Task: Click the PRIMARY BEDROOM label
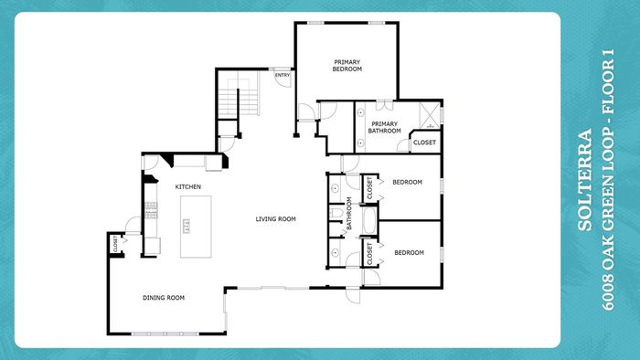347,66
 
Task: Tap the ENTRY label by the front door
283,75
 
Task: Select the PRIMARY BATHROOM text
385,127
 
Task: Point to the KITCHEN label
187,186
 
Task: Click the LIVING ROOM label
275,219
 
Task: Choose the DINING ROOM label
164,298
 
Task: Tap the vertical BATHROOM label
349,213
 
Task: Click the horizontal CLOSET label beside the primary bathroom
424,143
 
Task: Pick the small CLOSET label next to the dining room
115,243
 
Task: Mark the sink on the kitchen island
187,226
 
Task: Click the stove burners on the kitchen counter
151,210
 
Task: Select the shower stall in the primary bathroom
430,115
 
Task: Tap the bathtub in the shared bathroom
368,220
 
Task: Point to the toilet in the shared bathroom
336,213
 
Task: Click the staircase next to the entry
239,96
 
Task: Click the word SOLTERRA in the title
584,180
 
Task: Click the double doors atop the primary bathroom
384,105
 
